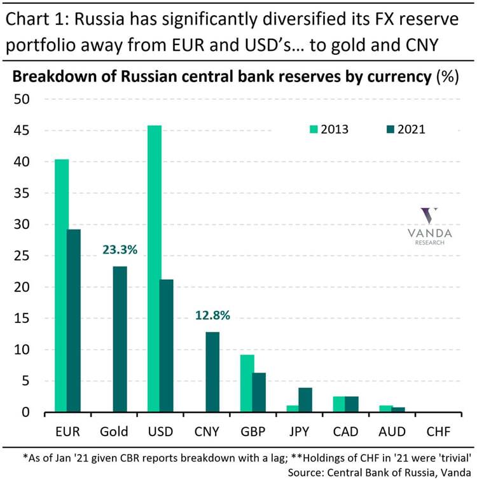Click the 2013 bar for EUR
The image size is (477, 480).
(62, 285)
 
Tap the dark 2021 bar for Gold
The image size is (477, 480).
(120, 339)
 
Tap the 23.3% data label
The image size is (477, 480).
(120, 250)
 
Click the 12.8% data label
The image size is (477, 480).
(213, 315)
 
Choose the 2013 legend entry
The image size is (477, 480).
(328, 129)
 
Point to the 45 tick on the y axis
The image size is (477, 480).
(22, 131)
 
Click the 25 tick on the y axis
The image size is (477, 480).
(22, 256)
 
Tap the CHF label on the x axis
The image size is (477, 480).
(439, 432)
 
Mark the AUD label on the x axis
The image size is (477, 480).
(392, 432)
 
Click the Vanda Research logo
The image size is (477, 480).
(429, 226)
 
